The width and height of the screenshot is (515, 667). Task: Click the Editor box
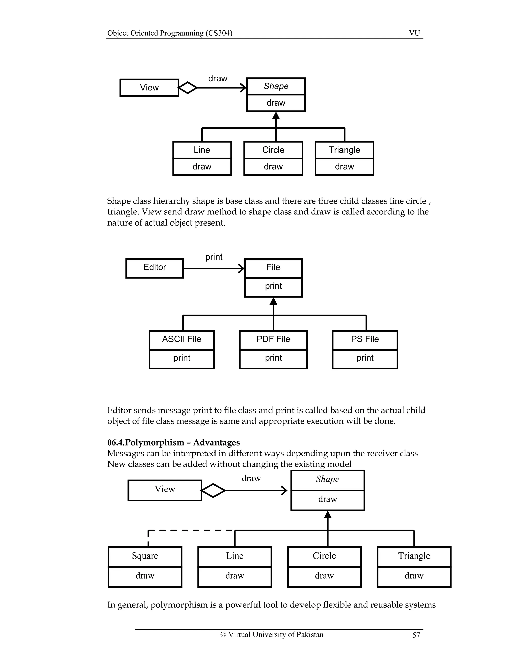(x=154, y=268)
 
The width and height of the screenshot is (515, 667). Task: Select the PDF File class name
(x=273, y=339)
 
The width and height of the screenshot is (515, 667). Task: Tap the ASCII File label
(x=182, y=339)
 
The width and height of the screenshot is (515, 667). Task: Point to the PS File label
(x=365, y=339)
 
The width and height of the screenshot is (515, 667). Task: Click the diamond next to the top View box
(x=187, y=88)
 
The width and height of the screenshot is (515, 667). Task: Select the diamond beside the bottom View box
(x=213, y=491)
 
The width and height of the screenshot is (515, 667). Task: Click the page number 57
(x=416, y=635)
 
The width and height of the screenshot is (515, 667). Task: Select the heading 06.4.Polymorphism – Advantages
(x=173, y=442)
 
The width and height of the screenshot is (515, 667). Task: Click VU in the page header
(x=414, y=33)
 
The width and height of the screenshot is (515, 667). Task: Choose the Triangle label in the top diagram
(x=344, y=150)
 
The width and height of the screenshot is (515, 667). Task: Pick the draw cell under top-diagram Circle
(x=273, y=167)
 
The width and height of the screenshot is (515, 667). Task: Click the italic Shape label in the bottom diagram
(x=327, y=479)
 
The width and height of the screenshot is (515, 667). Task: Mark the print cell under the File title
(x=273, y=286)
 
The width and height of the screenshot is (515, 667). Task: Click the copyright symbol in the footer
(x=223, y=635)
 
